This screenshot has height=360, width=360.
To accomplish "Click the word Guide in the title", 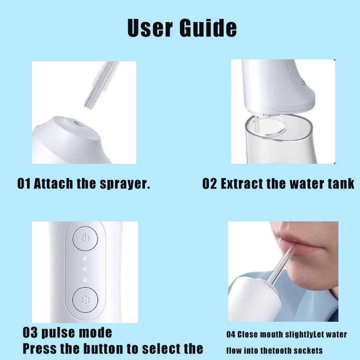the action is [x=208, y=28].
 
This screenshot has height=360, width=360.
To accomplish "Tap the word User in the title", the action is [x=150, y=28].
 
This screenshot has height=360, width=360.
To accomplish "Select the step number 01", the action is [x=24, y=184].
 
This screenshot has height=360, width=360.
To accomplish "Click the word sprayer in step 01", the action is [x=125, y=184].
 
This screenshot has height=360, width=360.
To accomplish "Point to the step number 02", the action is [x=209, y=184].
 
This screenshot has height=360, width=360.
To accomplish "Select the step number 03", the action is [x=30, y=333].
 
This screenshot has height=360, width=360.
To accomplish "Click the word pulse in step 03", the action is [x=58, y=333].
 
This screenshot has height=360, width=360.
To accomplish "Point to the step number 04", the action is [x=230, y=334].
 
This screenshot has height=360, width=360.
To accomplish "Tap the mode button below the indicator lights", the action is [x=85, y=300].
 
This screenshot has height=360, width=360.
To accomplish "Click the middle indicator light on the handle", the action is [x=85, y=269].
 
